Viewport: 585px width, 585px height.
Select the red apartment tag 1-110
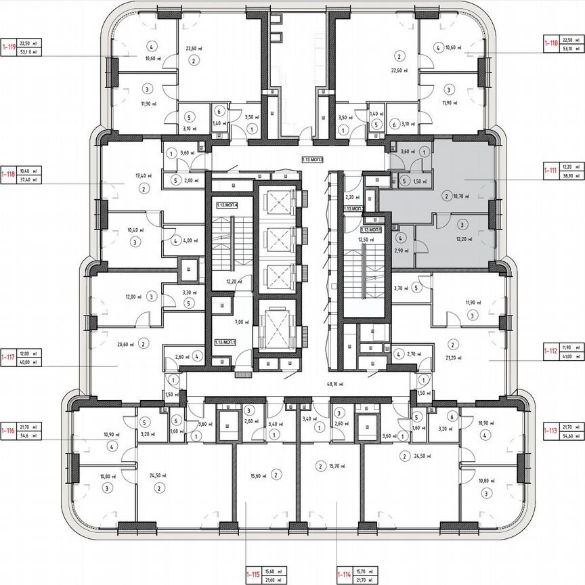click(550, 43)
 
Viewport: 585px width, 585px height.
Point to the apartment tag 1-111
click(550, 171)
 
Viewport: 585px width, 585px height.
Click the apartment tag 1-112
click(550, 351)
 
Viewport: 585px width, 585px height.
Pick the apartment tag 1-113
click(550, 431)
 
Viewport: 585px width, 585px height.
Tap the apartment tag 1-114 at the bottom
click(344, 575)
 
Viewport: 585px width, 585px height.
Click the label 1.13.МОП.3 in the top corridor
click(313, 160)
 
